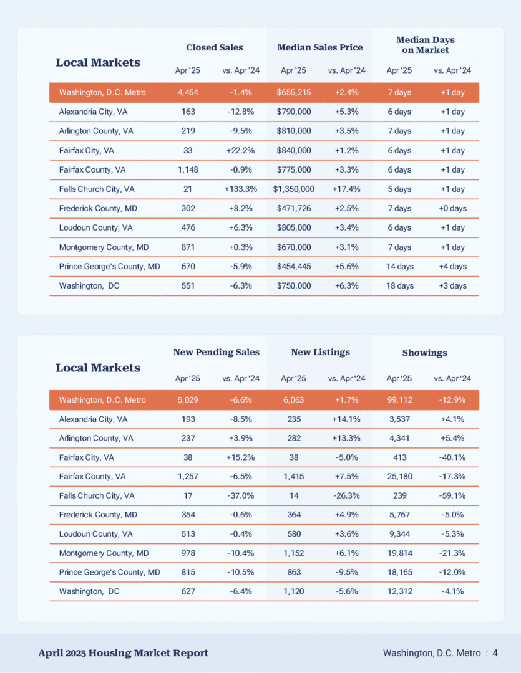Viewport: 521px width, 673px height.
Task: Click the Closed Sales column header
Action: (215, 47)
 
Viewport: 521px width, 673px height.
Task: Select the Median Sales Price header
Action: (320, 47)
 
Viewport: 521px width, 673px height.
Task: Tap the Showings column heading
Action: (425, 353)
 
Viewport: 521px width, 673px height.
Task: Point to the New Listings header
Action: (320, 352)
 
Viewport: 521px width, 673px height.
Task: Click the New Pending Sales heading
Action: (217, 352)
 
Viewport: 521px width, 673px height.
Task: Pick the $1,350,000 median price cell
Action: (294, 189)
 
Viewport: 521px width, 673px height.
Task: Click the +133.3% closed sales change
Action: (241, 189)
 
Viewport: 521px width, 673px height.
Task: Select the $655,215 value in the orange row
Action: (294, 92)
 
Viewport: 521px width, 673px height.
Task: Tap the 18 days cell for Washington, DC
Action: (400, 285)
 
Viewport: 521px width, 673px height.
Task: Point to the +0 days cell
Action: (452, 208)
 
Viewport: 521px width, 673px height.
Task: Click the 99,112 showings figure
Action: (400, 399)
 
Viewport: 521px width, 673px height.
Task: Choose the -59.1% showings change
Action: (452, 495)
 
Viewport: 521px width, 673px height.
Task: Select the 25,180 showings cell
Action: (400, 476)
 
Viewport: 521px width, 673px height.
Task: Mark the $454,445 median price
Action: (294, 266)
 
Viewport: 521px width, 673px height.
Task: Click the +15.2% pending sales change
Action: (241, 457)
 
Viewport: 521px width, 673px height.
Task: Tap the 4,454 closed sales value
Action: (188, 92)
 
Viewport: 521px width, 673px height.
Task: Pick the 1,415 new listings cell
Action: (294, 476)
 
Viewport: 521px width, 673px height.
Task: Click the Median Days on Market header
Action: (425, 45)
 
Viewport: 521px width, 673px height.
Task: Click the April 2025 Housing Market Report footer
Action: (124, 653)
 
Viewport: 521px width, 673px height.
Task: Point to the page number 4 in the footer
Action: (495, 653)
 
